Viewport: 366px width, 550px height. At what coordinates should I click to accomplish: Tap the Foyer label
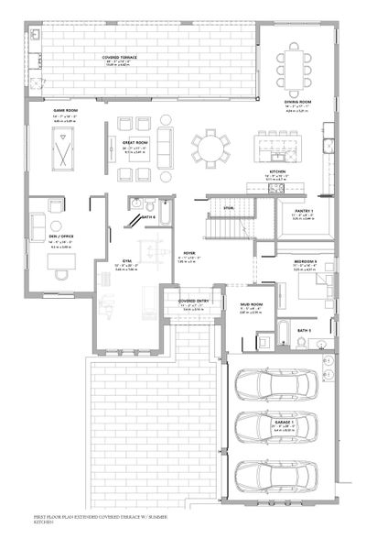pos(189,252)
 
